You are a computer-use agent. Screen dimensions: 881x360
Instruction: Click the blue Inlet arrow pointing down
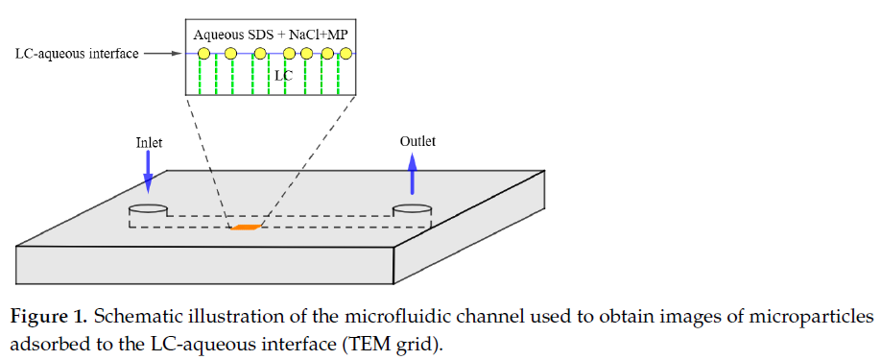click(x=149, y=173)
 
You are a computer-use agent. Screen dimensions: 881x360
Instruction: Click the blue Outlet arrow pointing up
click(x=413, y=174)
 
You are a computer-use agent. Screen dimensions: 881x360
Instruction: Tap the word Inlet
click(x=149, y=143)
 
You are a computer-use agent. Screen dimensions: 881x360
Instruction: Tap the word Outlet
click(x=417, y=141)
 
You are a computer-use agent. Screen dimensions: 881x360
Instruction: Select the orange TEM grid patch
click(x=246, y=227)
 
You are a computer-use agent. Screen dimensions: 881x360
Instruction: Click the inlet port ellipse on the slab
click(x=149, y=209)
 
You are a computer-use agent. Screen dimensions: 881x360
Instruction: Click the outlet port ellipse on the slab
click(x=412, y=209)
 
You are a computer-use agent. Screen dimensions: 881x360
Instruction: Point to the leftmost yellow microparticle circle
click(x=204, y=54)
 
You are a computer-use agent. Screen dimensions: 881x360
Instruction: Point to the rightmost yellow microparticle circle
click(x=345, y=54)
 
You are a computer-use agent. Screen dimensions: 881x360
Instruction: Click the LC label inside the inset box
click(x=284, y=75)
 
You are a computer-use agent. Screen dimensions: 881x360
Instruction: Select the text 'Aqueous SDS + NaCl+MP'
click(x=271, y=35)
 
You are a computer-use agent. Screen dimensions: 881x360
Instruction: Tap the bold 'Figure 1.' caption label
click(x=49, y=318)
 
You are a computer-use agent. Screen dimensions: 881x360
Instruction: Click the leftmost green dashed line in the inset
click(x=199, y=76)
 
